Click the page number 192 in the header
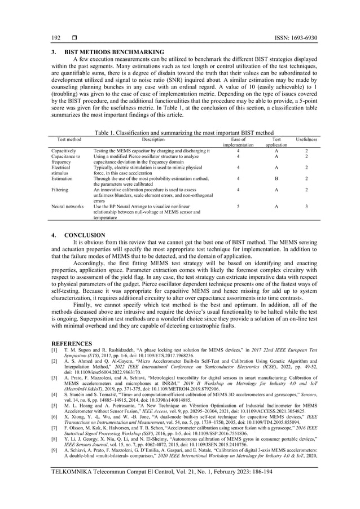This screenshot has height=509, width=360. (x=56, y=38)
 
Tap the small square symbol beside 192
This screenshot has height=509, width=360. (x=74, y=38)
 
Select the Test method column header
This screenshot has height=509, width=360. (x=66, y=138)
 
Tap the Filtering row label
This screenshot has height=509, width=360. (x=60, y=190)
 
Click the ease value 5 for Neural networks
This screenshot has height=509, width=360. (x=239, y=207)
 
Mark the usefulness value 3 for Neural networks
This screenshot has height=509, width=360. (x=306, y=207)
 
